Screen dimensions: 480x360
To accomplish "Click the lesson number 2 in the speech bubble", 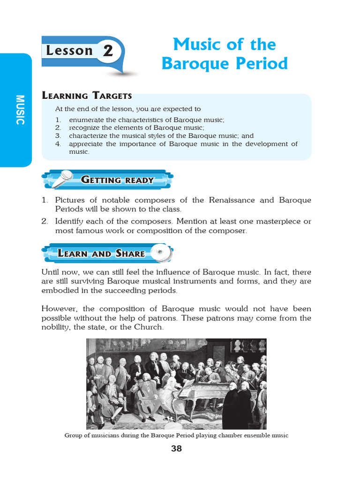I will point(108,51).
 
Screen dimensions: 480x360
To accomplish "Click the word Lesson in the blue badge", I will point(69,51).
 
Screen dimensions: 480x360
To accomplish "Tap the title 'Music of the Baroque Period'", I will point(225,54).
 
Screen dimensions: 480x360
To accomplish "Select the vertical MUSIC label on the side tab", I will point(19,110).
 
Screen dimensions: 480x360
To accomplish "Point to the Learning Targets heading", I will point(87,96).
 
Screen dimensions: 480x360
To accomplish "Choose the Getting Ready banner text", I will point(117,180).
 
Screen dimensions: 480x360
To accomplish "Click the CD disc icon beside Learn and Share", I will point(162,253).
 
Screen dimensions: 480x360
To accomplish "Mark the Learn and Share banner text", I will point(101,254).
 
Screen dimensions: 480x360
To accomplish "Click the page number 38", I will point(176,449).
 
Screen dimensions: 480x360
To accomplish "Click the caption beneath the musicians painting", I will point(176,435).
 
